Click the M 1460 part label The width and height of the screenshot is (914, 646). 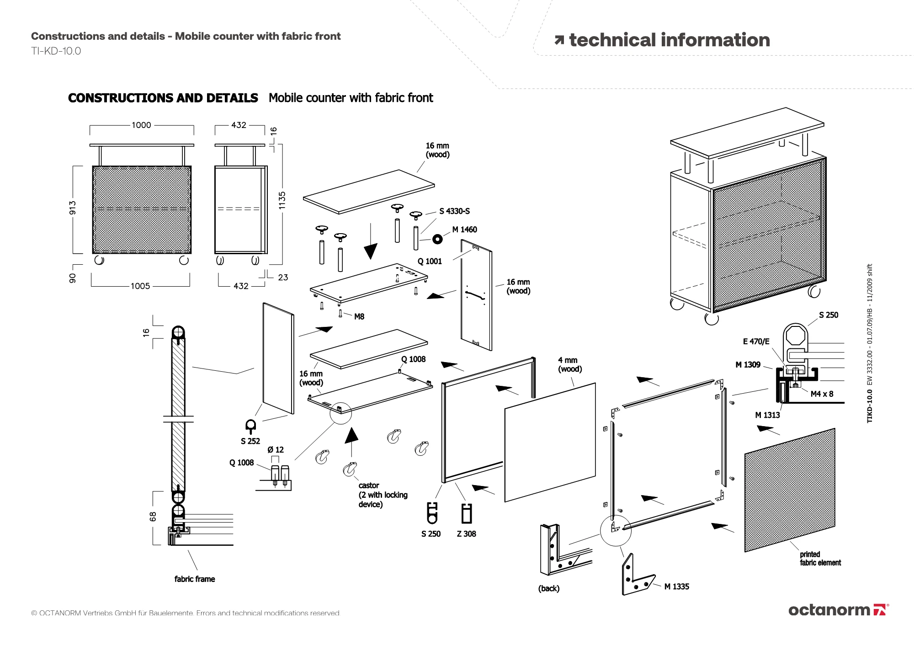tap(464, 230)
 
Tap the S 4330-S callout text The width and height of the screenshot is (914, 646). tap(454, 211)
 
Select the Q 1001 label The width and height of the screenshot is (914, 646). tap(430, 262)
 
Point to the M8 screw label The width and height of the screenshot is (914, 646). tap(359, 317)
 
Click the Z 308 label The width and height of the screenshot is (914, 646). tap(466, 534)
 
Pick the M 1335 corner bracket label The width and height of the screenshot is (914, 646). tap(676, 587)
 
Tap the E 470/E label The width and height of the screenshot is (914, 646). tap(756, 342)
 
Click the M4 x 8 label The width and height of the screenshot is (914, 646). tap(822, 394)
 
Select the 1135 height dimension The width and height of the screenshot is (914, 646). tap(282, 201)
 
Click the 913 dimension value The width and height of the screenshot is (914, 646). tap(73, 208)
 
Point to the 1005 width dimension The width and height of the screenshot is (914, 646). tap(140, 286)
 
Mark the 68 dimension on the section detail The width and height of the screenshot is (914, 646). tap(153, 516)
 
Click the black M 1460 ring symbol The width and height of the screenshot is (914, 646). tap(437, 239)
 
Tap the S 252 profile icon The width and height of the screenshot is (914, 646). tap(250, 426)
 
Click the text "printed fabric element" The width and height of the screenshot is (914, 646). tap(820, 559)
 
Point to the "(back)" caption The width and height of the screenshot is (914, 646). tap(548, 588)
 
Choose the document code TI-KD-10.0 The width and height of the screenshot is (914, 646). tap(56, 51)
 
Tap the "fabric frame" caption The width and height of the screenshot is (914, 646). tap(195, 579)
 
